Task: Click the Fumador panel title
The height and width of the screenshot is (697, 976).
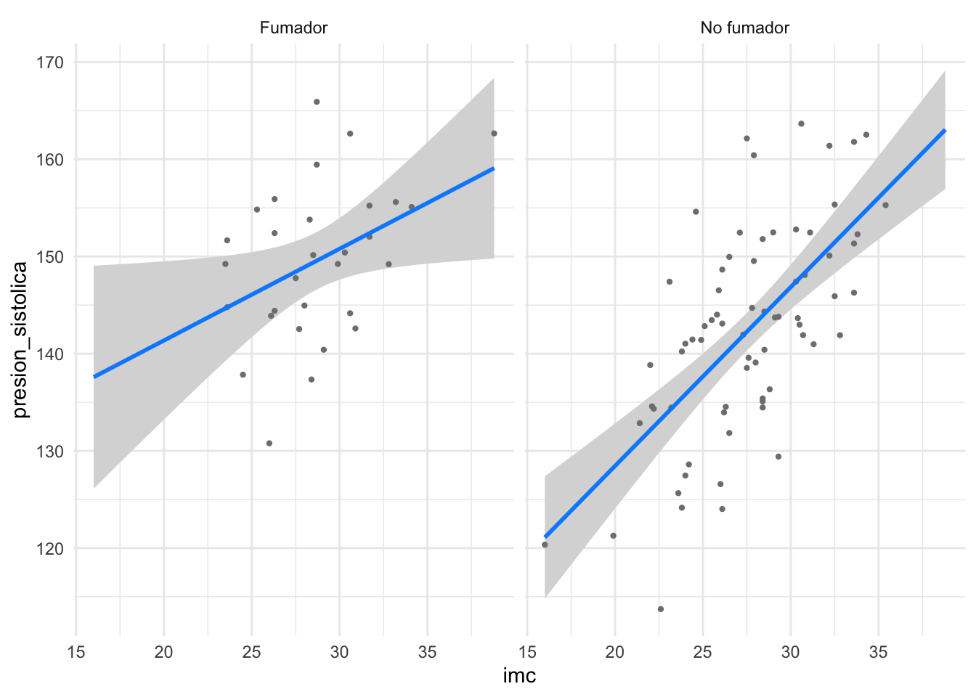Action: coord(293,28)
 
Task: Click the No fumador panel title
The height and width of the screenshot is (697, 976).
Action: coord(744,28)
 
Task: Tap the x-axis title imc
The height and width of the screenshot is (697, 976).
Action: coord(519,676)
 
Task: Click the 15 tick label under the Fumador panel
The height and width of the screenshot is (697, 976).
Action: coord(76,653)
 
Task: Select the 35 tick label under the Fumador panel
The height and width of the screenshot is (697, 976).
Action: coord(428,653)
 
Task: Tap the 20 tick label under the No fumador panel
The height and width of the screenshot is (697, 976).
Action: coord(615,653)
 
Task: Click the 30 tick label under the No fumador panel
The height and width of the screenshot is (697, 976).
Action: coord(791,653)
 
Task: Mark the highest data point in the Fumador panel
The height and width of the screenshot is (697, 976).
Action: coord(317,102)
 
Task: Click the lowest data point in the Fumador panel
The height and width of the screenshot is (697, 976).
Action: coord(269,443)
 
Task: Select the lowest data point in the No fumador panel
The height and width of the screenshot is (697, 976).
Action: coord(661,609)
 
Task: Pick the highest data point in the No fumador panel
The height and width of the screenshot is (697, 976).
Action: coord(801,123)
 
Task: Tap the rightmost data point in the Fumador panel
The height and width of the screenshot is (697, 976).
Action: coord(494,134)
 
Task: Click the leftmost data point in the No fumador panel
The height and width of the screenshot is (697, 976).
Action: coord(545,545)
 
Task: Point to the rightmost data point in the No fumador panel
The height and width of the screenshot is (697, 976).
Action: coord(885,205)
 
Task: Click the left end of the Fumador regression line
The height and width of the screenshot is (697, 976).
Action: coord(94,376)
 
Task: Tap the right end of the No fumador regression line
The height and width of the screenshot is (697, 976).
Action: coord(945,130)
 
